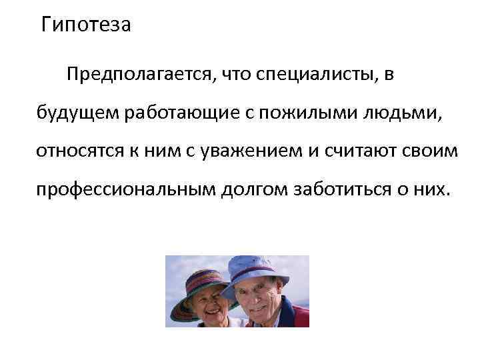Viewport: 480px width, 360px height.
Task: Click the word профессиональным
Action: coord(125,189)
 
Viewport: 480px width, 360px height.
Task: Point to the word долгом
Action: coord(255,189)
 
